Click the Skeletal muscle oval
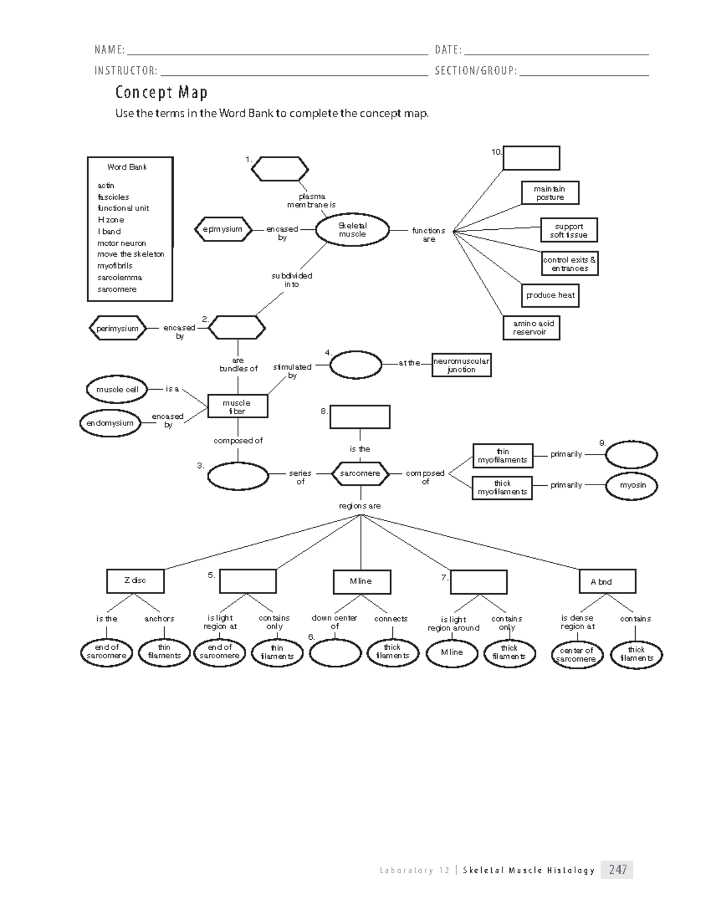point(352,230)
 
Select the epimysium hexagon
point(223,229)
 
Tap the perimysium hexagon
point(117,328)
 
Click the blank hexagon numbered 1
point(280,169)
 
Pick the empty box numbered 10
point(531,158)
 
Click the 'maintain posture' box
point(550,193)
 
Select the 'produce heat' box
point(550,295)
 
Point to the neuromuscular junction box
point(461,366)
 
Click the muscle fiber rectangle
point(238,406)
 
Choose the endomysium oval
point(110,423)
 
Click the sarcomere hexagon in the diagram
point(360,473)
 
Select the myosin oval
point(632,485)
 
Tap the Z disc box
point(135,581)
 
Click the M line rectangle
point(361,582)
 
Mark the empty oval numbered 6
point(335,653)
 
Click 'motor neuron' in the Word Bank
point(121,243)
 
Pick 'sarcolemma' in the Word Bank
point(120,277)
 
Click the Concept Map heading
point(161,92)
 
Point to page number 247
point(617,870)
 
